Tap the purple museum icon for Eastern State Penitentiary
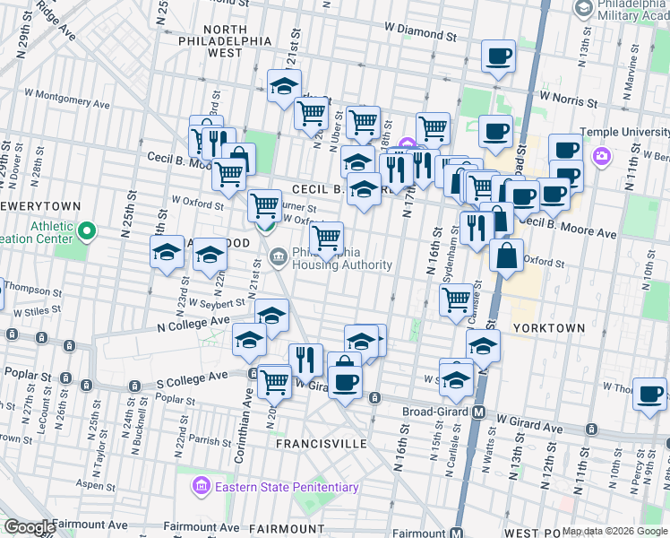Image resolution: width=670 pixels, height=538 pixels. tap(201, 487)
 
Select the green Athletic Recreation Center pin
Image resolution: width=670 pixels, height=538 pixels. tap(87, 234)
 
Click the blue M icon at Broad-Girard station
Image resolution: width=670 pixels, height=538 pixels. tap(479, 413)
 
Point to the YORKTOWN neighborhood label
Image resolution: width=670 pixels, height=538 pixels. tap(548, 329)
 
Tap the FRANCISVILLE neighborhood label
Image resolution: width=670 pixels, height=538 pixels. tap(322, 444)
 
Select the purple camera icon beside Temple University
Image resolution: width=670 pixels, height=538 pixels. tap(602, 157)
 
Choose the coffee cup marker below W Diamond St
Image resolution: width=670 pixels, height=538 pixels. tap(498, 56)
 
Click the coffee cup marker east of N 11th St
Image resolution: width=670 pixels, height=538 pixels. tap(649, 394)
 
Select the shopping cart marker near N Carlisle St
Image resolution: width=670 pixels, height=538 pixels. tap(457, 298)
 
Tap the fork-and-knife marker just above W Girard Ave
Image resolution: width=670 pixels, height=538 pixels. tap(306, 360)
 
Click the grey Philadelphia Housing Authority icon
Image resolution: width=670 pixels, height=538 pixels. tap(278, 259)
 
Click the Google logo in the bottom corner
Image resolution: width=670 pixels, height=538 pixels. tap(29, 526)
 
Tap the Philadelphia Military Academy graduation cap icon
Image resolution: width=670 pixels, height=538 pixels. tap(584, 9)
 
